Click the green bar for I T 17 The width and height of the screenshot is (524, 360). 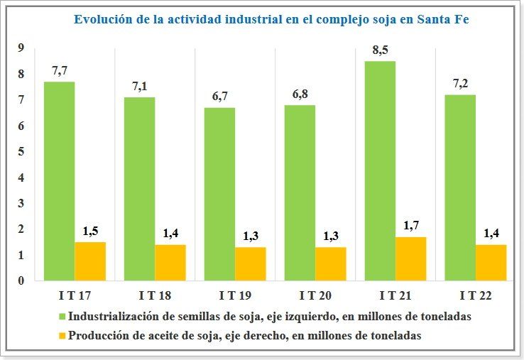pos(59,181)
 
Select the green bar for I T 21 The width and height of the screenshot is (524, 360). pos(380,170)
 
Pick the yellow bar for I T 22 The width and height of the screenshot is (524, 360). pos(491,262)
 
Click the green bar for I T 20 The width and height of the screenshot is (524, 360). pos(300,192)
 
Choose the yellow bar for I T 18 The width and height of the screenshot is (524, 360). pos(170,262)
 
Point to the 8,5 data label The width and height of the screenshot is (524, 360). pos(380,50)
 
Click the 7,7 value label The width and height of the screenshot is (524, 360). pos(60,71)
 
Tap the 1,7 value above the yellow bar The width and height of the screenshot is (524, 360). pos(410,226)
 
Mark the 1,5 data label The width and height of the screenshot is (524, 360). pos(90,231)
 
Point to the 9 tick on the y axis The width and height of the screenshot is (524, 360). pos(22,48)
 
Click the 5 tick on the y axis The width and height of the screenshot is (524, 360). pos(22,152)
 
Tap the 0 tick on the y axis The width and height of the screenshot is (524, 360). pos(22,280)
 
